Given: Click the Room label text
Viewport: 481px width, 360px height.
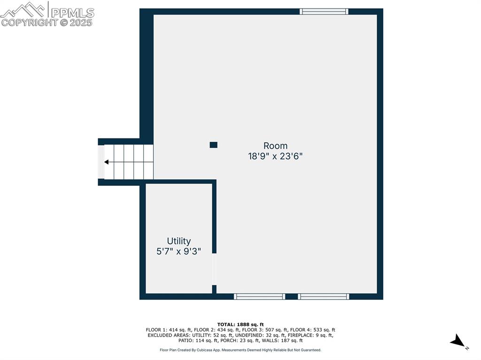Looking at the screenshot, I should [x=275, y=146].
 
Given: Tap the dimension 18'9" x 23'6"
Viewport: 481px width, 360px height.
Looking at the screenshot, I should [x=275, y=157].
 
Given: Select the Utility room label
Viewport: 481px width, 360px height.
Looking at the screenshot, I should [x=179, y=241].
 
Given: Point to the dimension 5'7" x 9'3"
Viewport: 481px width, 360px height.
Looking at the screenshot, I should [x=179, y=252].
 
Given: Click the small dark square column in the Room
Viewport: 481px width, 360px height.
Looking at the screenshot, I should [x=213, y=145].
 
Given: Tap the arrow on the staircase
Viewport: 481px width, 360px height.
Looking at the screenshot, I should [x=107, y=162].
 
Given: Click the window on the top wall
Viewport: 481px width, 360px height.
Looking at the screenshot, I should [x=324, y=11].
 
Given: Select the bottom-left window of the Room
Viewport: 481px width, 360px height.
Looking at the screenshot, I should [x=259, y=297].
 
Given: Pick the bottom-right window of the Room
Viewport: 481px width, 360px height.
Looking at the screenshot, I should [x=324, y=297].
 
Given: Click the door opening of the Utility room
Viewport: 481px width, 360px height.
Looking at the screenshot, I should [x=214, y=269].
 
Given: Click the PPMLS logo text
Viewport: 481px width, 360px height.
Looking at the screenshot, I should [x=72, y=12].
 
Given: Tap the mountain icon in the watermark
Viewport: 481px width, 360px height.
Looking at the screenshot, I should [x=23, y=9].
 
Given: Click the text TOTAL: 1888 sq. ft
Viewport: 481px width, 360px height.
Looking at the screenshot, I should [x=240, y=324].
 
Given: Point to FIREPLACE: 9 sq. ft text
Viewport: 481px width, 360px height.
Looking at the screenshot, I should [x=310, y=335].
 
